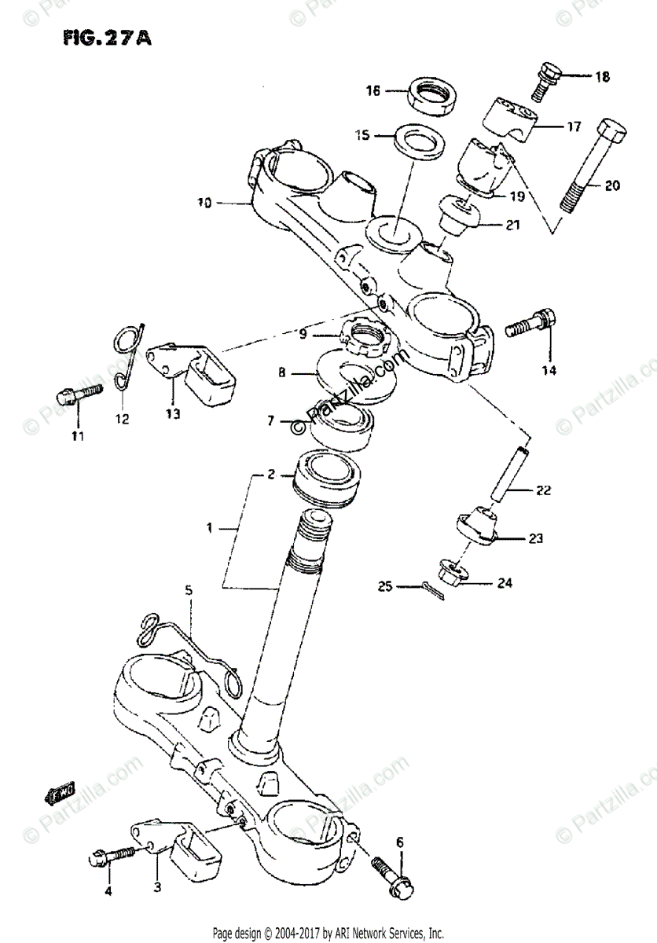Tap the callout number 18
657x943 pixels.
pos(601,77)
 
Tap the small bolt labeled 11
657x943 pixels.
pos(77,390)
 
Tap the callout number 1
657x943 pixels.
pos(209,529)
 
